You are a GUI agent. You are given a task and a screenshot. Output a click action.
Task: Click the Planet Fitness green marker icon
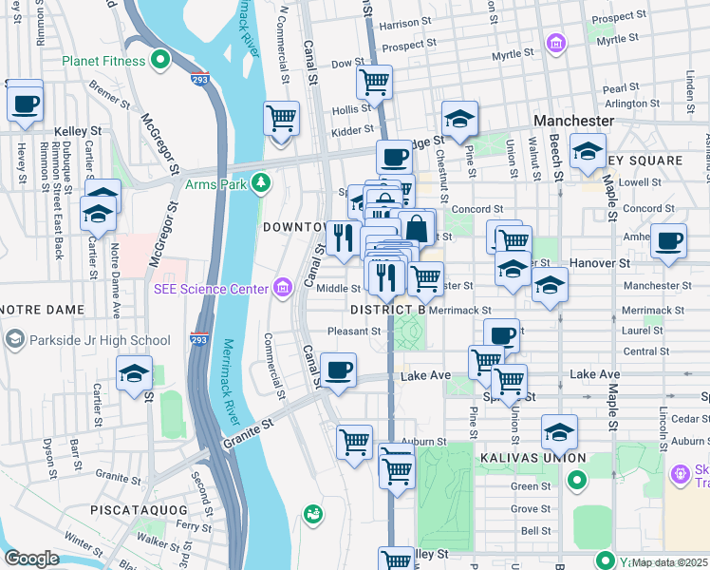click(x=161, y=62)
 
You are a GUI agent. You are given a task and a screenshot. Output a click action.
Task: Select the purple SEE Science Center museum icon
click(x=282, y=287)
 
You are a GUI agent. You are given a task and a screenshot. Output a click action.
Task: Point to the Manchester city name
click(x=573, y=122)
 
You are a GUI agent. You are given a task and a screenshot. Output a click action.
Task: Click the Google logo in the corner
click(x=31, y=559)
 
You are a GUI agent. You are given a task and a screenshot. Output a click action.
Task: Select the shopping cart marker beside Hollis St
click(x=374, y=82)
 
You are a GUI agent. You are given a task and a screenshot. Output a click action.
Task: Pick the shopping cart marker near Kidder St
click(x=281, y=120)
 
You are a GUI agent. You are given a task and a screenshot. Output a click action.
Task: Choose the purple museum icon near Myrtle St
click(x=555, y=43)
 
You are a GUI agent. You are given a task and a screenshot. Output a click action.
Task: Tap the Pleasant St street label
click(x=353, y=332)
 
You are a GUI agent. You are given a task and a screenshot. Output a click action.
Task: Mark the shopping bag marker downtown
click(x=416, y=228)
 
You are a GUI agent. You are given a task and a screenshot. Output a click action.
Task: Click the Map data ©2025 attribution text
click(x=669, y=561)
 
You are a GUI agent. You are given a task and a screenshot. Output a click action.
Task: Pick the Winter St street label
click(x=84, y=548)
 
